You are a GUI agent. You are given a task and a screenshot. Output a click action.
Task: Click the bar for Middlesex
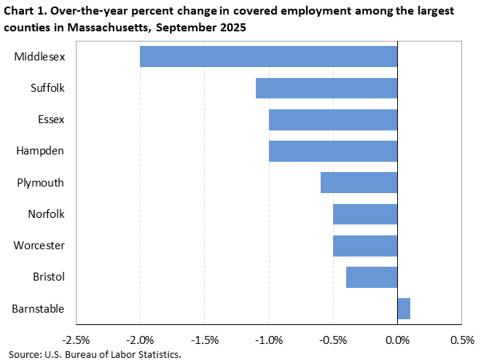268,57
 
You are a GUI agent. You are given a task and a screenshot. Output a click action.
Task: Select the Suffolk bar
326,88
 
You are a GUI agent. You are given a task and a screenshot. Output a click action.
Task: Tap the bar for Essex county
333,120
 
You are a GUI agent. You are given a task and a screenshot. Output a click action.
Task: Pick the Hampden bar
333,151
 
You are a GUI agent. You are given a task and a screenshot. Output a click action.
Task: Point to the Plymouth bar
359,182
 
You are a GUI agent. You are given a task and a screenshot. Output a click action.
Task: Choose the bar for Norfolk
365,214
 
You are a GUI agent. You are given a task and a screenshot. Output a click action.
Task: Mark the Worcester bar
365,246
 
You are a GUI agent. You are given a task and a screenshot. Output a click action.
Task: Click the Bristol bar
372,277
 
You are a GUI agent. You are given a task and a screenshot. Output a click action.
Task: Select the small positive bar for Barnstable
404,308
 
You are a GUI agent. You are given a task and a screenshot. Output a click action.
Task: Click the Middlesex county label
39,57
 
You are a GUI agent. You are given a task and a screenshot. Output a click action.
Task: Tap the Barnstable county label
38,309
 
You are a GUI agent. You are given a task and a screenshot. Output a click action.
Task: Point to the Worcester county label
39,246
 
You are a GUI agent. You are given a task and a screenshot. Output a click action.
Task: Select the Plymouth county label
41,183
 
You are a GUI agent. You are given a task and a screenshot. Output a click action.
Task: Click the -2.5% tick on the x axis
76,340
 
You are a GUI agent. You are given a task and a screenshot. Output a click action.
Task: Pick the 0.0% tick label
397,340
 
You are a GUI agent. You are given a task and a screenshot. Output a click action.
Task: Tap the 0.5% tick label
461,340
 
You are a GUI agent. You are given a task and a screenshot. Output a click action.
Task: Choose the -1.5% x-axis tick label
205,340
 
